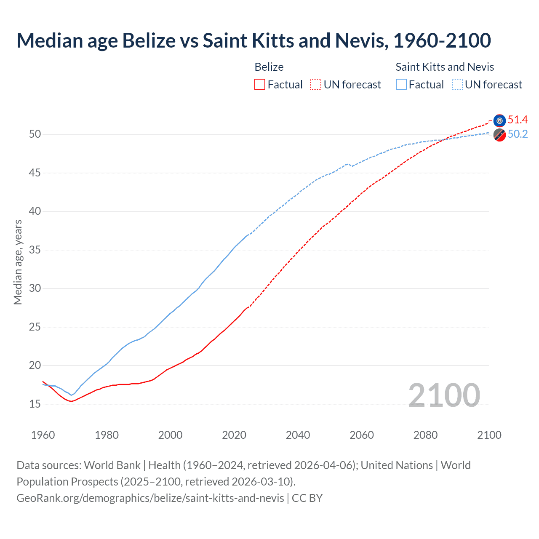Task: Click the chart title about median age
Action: click(x=253, y=40)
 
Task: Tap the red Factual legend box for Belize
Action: click(x=260, y=85)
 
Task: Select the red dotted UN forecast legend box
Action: click(x=316, y=85)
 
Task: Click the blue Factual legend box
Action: click(x=401, y=85)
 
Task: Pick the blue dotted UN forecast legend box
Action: click(x=457, y=85)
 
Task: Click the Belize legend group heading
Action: click(x=269, y=67)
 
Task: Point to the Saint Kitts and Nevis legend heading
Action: click(x=445, y=67)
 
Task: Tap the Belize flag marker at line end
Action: click(x=499, y=120)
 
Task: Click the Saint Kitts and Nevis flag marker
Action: click(x=499, y=135)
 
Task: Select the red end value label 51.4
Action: click(x=518, y=120)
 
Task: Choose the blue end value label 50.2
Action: click(x=518, y=134)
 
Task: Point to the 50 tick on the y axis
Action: click(x=35, y=134)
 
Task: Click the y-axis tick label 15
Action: click(x=35, y=404)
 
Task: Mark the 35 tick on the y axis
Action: click(x=35, y=250)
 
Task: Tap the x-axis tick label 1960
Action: click(x=43, y=435)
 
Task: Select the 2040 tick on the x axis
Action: click(x=298, y=435)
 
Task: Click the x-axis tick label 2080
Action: click(x=425, y=435)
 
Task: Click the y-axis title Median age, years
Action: click(x=18, y=262)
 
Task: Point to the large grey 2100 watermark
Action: click(x=444, y=395)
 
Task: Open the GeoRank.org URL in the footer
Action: click(x=150, y=498)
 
